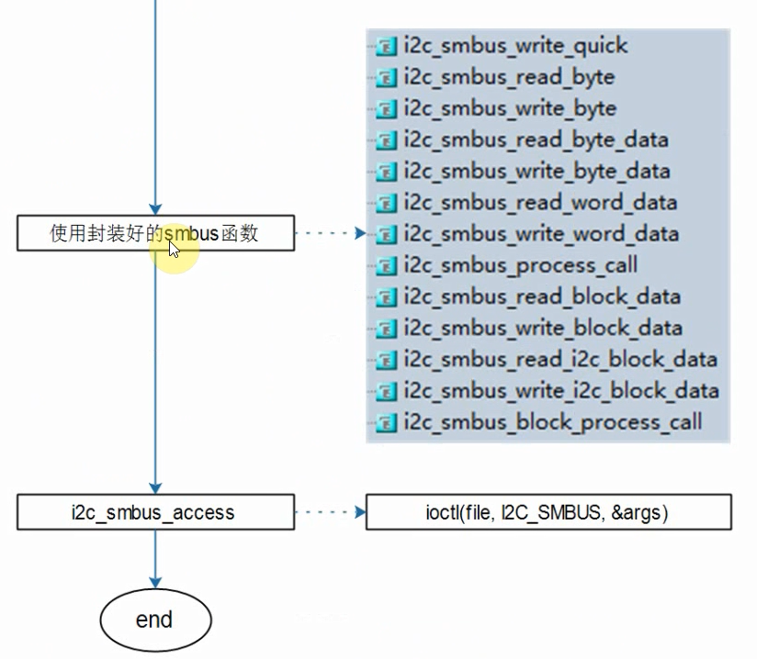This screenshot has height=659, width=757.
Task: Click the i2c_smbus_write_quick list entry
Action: click(514, 46)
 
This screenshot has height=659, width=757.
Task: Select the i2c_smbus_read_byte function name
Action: click(509, 77)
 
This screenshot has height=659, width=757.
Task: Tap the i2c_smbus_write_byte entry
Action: click(510, 108)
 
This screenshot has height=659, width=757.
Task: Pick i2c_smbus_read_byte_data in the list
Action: click(536, 140)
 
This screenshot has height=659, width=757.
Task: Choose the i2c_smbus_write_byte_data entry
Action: click(537, 171)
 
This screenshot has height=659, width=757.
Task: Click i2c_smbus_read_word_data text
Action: click(540, 202)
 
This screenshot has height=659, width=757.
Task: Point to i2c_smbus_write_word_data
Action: click(541, 233)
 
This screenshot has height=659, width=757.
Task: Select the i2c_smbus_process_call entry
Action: click(520, 265)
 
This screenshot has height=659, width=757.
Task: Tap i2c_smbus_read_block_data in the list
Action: click(542, 296)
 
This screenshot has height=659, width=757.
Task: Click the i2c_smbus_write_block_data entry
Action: click(543, 328)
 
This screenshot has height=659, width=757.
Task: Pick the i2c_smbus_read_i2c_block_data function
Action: click(560, 359)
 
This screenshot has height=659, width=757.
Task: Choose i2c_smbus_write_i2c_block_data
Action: click(561, 391)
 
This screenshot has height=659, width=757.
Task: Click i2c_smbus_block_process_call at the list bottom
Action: click(552, 422)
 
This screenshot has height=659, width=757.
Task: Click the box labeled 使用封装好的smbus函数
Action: click(155, 233)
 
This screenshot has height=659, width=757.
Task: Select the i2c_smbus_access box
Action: click(155, 512)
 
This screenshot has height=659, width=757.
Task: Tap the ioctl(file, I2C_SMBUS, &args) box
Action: click(548, 512)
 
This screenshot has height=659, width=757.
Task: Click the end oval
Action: click(154, 620)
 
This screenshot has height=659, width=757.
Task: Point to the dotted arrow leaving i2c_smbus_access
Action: click(331, 512)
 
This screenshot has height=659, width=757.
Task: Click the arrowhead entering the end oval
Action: click(155, 581)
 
